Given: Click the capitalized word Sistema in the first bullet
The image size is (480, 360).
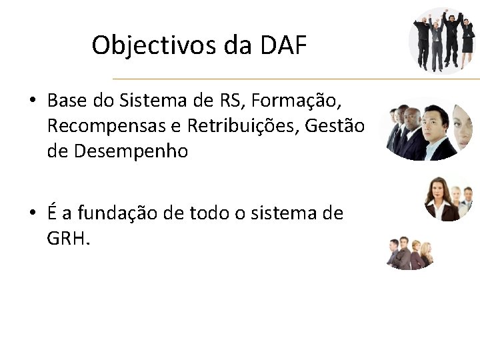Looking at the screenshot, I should click(149, 101).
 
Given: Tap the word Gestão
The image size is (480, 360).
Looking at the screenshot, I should click(339, 126).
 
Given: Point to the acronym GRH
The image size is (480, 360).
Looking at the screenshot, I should click(67, 238).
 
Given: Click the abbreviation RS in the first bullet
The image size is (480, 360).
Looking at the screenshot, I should click(231, 101).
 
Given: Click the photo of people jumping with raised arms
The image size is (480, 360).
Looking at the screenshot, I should click(441, 40).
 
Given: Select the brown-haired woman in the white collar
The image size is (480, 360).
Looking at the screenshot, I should click(440, 199).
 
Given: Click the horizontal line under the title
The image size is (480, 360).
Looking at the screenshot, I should click(293, 79).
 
